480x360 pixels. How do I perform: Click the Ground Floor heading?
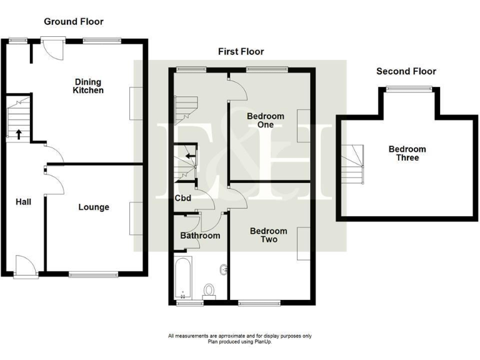73,21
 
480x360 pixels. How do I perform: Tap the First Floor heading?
241,51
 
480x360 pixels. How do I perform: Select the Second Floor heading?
406,71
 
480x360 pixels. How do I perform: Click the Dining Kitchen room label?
89,86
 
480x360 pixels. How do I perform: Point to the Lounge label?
94,207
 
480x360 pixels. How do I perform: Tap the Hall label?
23,202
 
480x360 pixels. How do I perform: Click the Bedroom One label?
265,120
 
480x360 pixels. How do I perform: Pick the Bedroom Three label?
407,153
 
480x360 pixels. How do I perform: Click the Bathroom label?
200,236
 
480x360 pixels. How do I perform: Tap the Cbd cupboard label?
182,199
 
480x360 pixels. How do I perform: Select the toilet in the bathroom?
209,291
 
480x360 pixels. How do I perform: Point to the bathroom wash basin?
223,271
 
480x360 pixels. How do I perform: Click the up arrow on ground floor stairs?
18,133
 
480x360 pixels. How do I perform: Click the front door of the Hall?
24,266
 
